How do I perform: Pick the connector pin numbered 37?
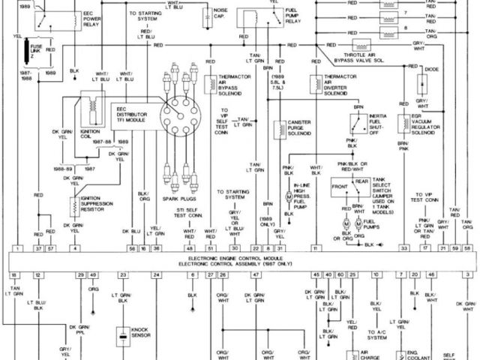37,247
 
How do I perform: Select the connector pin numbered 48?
190,247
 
